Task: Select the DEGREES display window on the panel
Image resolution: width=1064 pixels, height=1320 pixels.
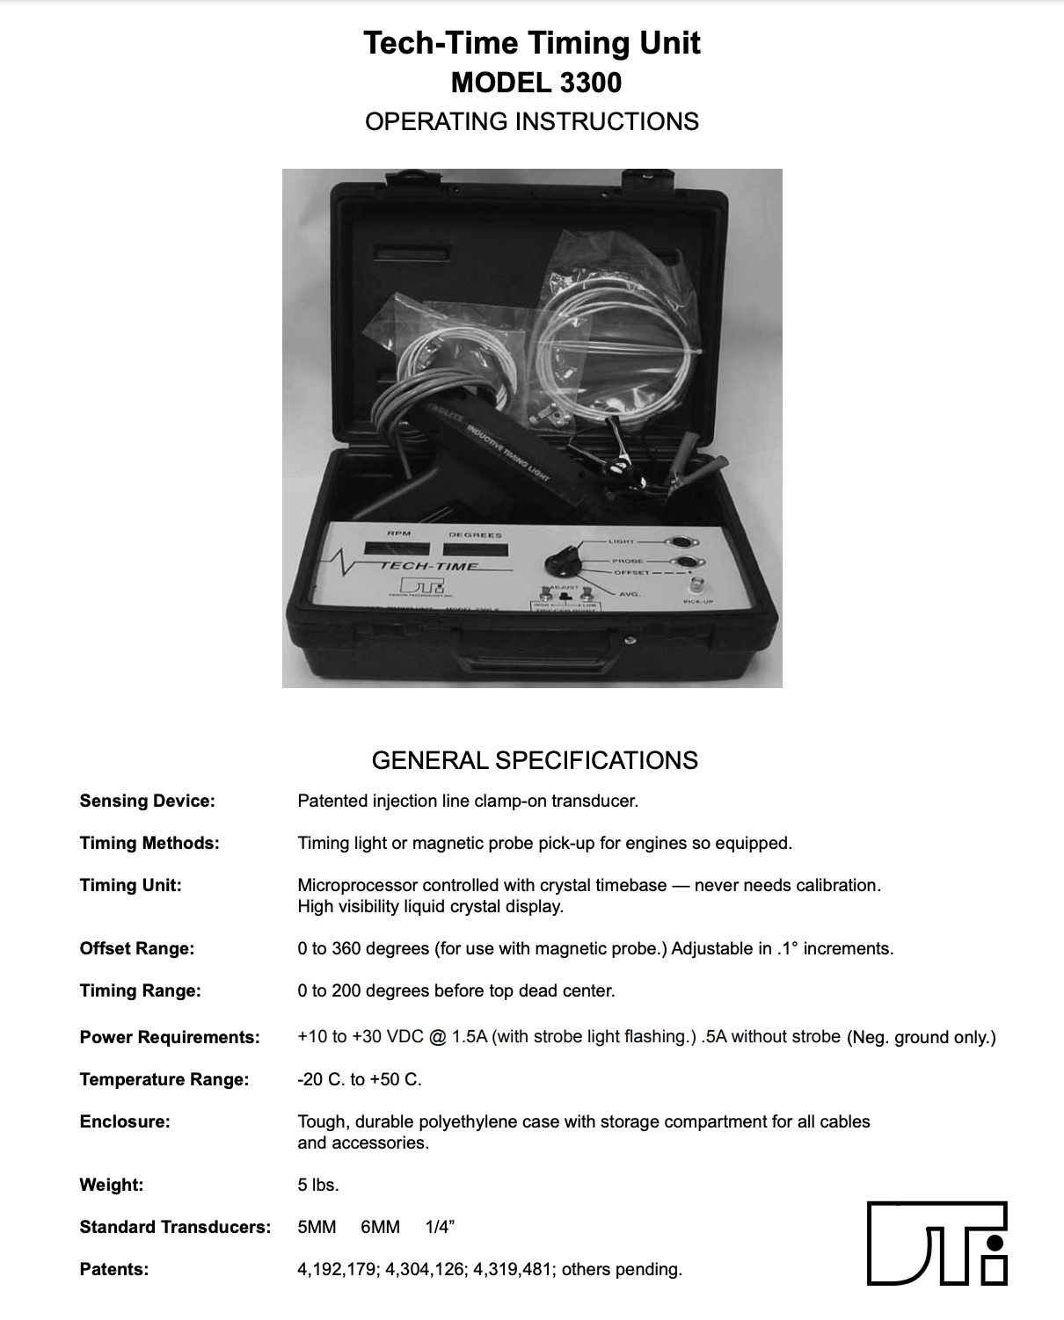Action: tap(476, 550)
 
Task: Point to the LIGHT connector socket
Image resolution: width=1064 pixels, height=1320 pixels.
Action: tap(679, 542)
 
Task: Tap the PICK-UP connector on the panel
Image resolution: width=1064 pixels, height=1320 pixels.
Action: tap(697, 586)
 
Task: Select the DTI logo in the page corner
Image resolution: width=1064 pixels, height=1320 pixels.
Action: tap(937, 1243)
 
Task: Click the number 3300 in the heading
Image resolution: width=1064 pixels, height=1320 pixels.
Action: tap(590, 83)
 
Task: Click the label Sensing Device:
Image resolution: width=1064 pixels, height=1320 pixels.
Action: tap(147, 801)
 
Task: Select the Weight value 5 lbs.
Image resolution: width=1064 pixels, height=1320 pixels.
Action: tap(318, 1185)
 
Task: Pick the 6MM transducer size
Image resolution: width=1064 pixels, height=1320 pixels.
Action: tap(380, 1227)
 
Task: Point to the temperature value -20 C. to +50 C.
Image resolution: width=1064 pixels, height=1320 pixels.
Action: tap(360, 1079)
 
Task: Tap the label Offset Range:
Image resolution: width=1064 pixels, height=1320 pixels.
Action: tap(137, 948)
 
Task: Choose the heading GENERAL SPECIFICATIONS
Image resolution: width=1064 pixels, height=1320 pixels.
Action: tap(535, 760)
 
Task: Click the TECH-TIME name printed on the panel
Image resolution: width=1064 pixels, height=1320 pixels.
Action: tap(429, 566)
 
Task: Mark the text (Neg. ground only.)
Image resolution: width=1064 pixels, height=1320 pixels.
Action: tap(922, 1037)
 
